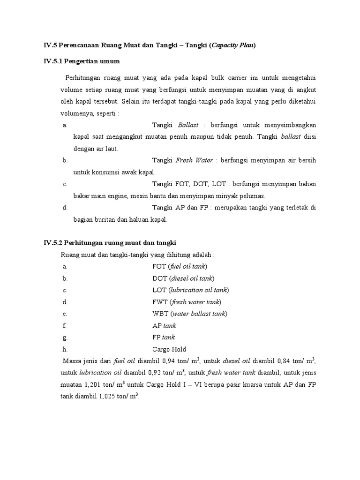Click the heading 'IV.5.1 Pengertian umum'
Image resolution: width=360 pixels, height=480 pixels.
pyautogui.click(x=82, y=61)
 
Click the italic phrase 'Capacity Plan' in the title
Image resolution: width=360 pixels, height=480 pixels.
pyautogui.click(x=232, y=45)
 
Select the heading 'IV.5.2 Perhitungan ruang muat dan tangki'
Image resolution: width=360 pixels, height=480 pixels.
pyautogui.click(x=110, y=242)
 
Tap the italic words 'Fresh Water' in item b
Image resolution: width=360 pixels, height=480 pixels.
pyautogui.click(x=194, y=160)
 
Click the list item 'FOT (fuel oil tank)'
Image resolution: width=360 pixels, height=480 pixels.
pyautogui.click(x=180, y=266)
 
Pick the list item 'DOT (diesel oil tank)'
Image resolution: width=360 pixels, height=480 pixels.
pyautogui.click(x=183, y=278)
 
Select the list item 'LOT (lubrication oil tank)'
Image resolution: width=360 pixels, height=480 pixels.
pyautogui.click(x=191, y=290)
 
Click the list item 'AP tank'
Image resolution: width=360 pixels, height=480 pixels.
pyautogui.click(x=164, y=325)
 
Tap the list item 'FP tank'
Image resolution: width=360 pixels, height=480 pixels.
pyautogui.click(x=164, y=337)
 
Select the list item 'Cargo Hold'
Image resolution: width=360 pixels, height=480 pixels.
pyautogui.click(x=169, y=349)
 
